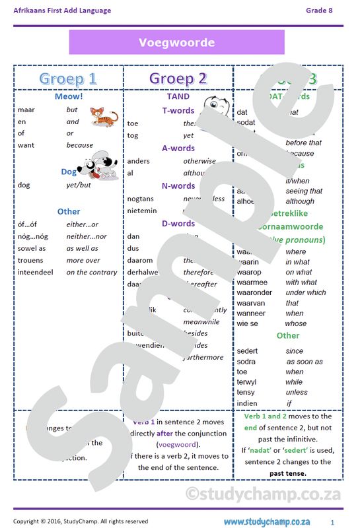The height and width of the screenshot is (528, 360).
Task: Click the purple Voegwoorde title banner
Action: pyautogui.click(x=176, y=42)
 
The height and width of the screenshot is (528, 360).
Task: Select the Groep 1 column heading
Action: pyautogui.click(x=67, y=79)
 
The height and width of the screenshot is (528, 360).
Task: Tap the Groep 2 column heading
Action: pyautogui.click(x=178, y=79)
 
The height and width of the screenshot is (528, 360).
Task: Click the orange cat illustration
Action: pyautogui.click(x=104, y=117)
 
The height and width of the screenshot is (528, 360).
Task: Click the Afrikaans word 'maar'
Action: pyautogui.click(x=26, y=110)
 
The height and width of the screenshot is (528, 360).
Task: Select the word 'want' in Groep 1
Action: pyautogui.click(x=26, y=145)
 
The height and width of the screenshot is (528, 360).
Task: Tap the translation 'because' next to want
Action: pyautogui.click(x=80, y=145)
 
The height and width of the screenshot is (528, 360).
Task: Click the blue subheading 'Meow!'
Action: pyautogui.click(x=69, y=96)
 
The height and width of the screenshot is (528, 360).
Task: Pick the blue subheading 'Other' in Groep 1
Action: pyautogui.click(x=69, y=212)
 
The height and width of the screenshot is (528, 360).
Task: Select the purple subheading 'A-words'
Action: pyautogui.click(x=178, y=148)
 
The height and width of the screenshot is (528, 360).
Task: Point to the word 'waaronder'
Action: pyautogui.click(x=254, y=292)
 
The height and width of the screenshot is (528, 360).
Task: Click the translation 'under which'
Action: pyautogui.click(x=306, y=292)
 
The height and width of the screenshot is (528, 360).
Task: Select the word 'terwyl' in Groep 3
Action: pyautogui.click(x=247, y=381)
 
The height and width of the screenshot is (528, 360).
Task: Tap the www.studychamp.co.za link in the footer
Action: pyautogui.click(x=266, y=521)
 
